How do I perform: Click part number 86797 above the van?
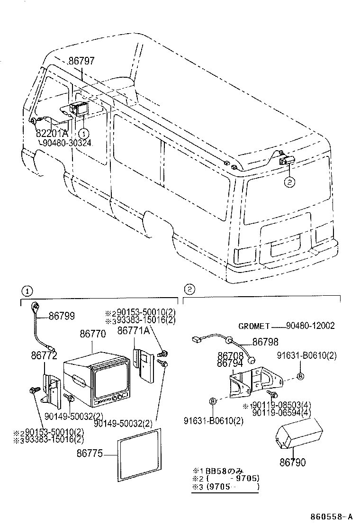(81, 61)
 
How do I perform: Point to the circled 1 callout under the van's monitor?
(83, 133)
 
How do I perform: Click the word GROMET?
(254, 326)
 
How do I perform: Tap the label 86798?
(265, 342)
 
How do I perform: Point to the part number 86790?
(292, 461)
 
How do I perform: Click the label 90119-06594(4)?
(281, 413)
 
